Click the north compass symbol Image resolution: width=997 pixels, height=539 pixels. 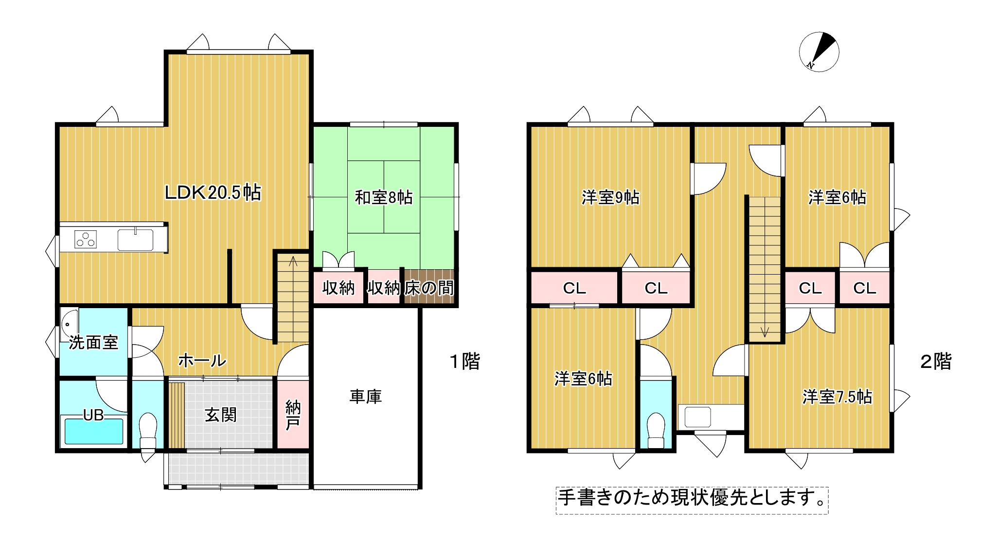(x=819, y=52)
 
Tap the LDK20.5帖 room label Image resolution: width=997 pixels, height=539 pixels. (x=213, y=193)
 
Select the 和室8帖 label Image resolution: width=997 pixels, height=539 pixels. (x=384, y=197)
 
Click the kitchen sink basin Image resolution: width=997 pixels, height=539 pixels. (x=135, y=240)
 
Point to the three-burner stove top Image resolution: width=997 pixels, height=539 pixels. (x=85, y=239)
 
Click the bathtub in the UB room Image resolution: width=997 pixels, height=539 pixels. (x=94, y=431)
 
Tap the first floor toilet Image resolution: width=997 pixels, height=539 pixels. (x=148, y=431)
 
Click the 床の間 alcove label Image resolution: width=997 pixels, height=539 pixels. (x=429, y=288)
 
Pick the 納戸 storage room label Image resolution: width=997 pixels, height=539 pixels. (x=293, y=415)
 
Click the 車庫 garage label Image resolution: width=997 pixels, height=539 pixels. (x=366, y=397)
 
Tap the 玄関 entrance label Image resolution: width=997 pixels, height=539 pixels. (x=221, y=415)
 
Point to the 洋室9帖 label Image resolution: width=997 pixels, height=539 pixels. (x=610, y=197)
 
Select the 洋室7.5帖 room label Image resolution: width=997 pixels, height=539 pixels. (x=837, y=397)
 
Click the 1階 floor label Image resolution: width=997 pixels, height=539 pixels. (x=465, y=362)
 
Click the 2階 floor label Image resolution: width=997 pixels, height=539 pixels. (x=936, y=362)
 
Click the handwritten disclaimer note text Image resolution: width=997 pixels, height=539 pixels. (x=692, y=498)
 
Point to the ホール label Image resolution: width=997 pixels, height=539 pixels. (x=202, y=361)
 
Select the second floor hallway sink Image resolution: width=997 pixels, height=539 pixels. (x=698, y=417)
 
